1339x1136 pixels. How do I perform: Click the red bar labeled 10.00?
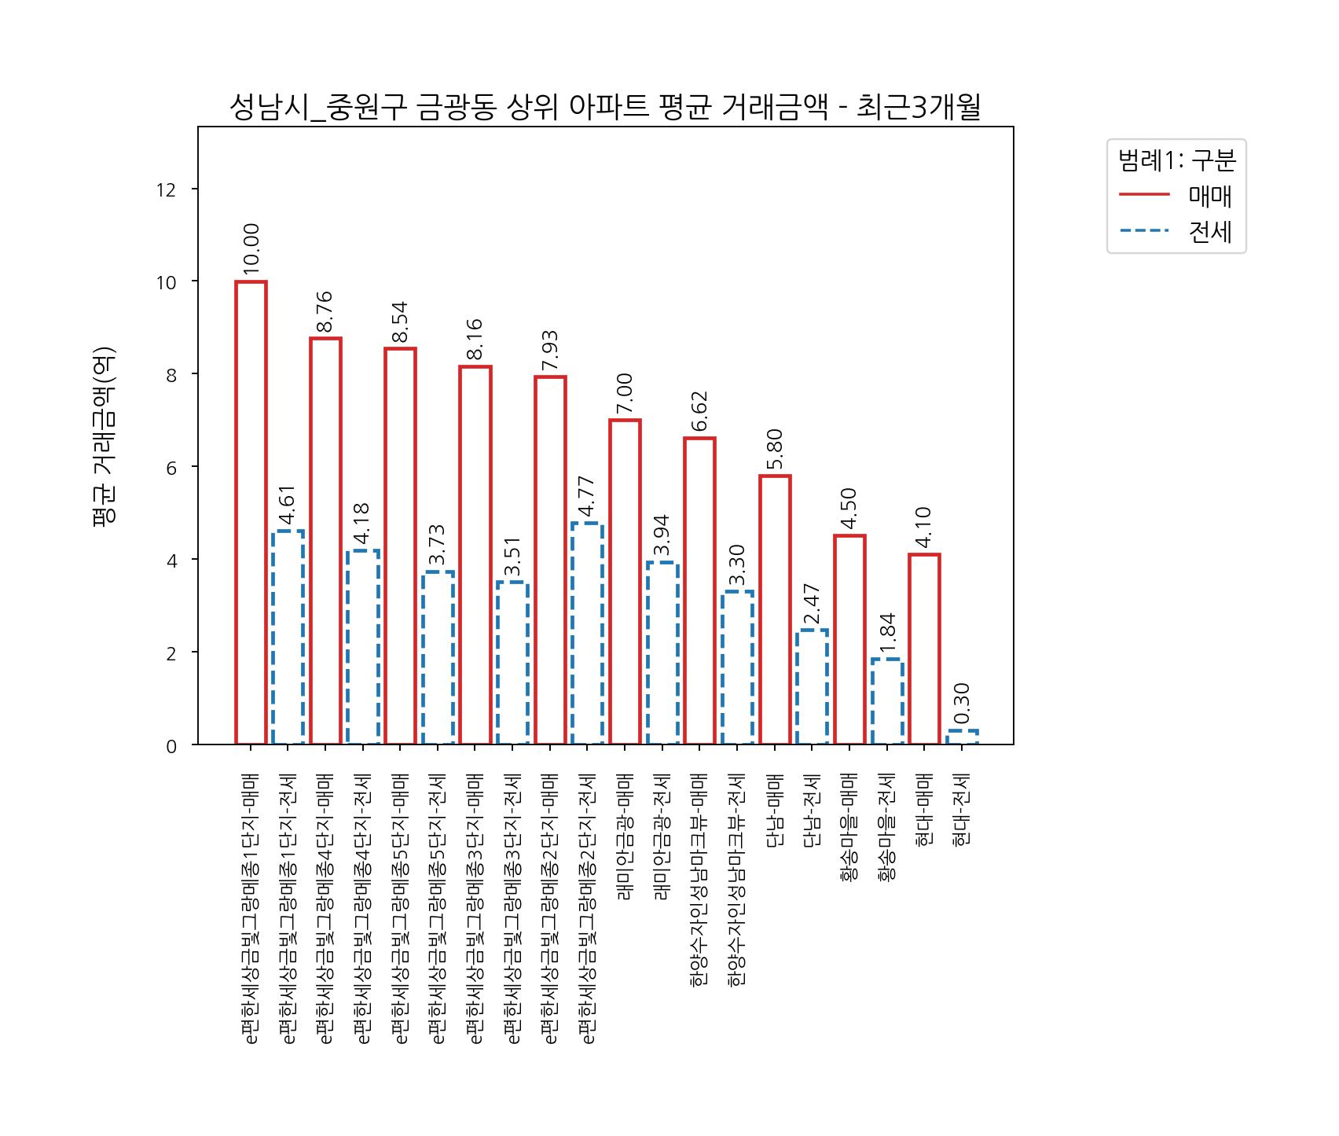click(251, 513)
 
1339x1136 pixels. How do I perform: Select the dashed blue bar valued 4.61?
click(288, 638)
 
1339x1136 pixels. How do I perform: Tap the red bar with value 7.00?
click(625, 582)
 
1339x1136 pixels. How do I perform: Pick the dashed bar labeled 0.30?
click(962, 737)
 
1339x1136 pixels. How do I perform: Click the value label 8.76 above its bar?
click(325, 311)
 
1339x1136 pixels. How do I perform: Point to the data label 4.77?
click(586, 497)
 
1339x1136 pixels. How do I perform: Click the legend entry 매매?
click(1209, 196)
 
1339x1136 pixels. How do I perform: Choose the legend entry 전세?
click(1209, 232)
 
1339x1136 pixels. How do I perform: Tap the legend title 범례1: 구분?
click(1176, 160)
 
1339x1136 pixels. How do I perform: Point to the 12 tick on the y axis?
click(166, 189)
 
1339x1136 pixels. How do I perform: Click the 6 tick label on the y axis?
click(171, 467)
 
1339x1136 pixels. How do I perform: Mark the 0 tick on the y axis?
click(171, 746)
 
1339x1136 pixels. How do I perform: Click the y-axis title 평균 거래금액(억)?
click(105, 436)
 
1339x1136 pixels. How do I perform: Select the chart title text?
click(604, 108)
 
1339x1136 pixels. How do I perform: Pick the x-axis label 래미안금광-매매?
click(625, 836)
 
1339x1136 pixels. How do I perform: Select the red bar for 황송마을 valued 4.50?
click(849, 640)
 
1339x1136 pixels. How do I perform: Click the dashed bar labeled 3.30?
click(737, 667)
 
